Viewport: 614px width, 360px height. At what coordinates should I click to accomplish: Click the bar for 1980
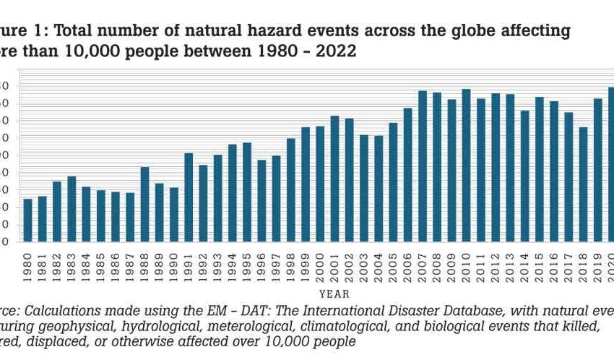[28, 220]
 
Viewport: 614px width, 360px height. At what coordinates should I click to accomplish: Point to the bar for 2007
[423, 166]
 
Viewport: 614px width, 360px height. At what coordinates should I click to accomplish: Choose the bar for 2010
[466, 166]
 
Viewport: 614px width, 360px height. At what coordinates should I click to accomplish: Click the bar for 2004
[379, 188]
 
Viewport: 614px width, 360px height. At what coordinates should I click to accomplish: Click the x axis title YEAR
[334, 294]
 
